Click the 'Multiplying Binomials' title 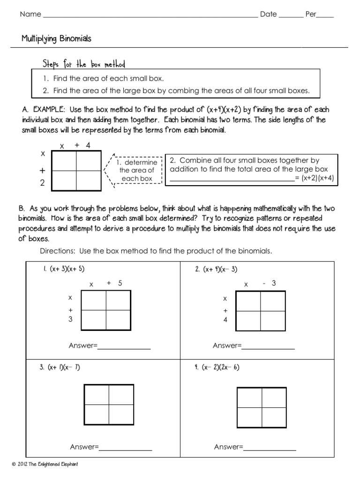56,39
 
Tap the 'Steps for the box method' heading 84,64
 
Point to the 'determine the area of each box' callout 137,170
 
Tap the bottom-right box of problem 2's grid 273,319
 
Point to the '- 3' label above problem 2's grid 270,283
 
